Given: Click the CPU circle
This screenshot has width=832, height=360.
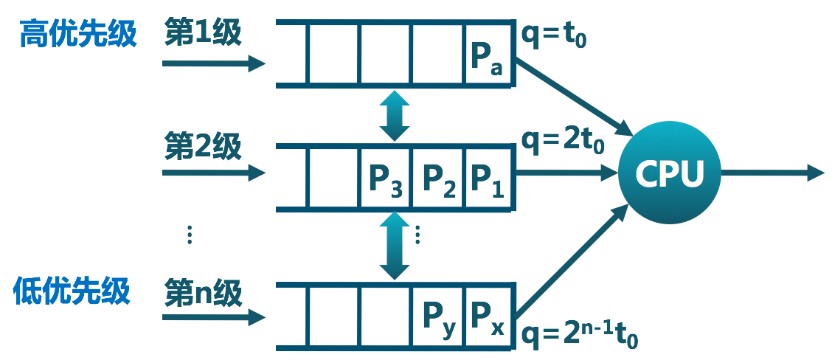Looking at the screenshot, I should (669, 174).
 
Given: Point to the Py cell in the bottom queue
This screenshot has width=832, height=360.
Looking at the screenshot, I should (437, 317).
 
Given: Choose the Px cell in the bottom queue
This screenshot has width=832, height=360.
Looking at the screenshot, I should (488, 317).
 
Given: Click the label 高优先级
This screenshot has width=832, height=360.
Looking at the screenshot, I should (78, 34).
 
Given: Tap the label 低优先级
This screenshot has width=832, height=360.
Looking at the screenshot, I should (72, 292).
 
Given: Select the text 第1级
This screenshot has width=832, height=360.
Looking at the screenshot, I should (204, 34).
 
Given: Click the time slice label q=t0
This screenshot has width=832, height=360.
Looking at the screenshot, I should (554, 34).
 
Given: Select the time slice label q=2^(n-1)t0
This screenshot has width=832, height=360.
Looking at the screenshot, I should (579, 336).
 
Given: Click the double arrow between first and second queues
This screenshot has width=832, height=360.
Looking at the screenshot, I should (396, 117).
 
